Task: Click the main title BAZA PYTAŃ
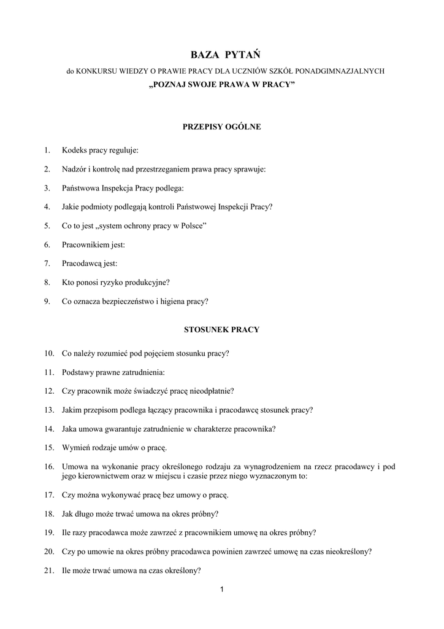click(221, 56)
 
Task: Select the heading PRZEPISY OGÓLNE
click(221, 127)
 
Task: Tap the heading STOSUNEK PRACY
click(221, 330)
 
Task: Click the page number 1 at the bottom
click(221, 590)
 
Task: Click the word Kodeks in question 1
click(74, 150)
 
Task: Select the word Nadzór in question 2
click(74, 169)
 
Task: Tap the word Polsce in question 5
click(192, 226)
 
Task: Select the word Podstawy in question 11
click(77, 372)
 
